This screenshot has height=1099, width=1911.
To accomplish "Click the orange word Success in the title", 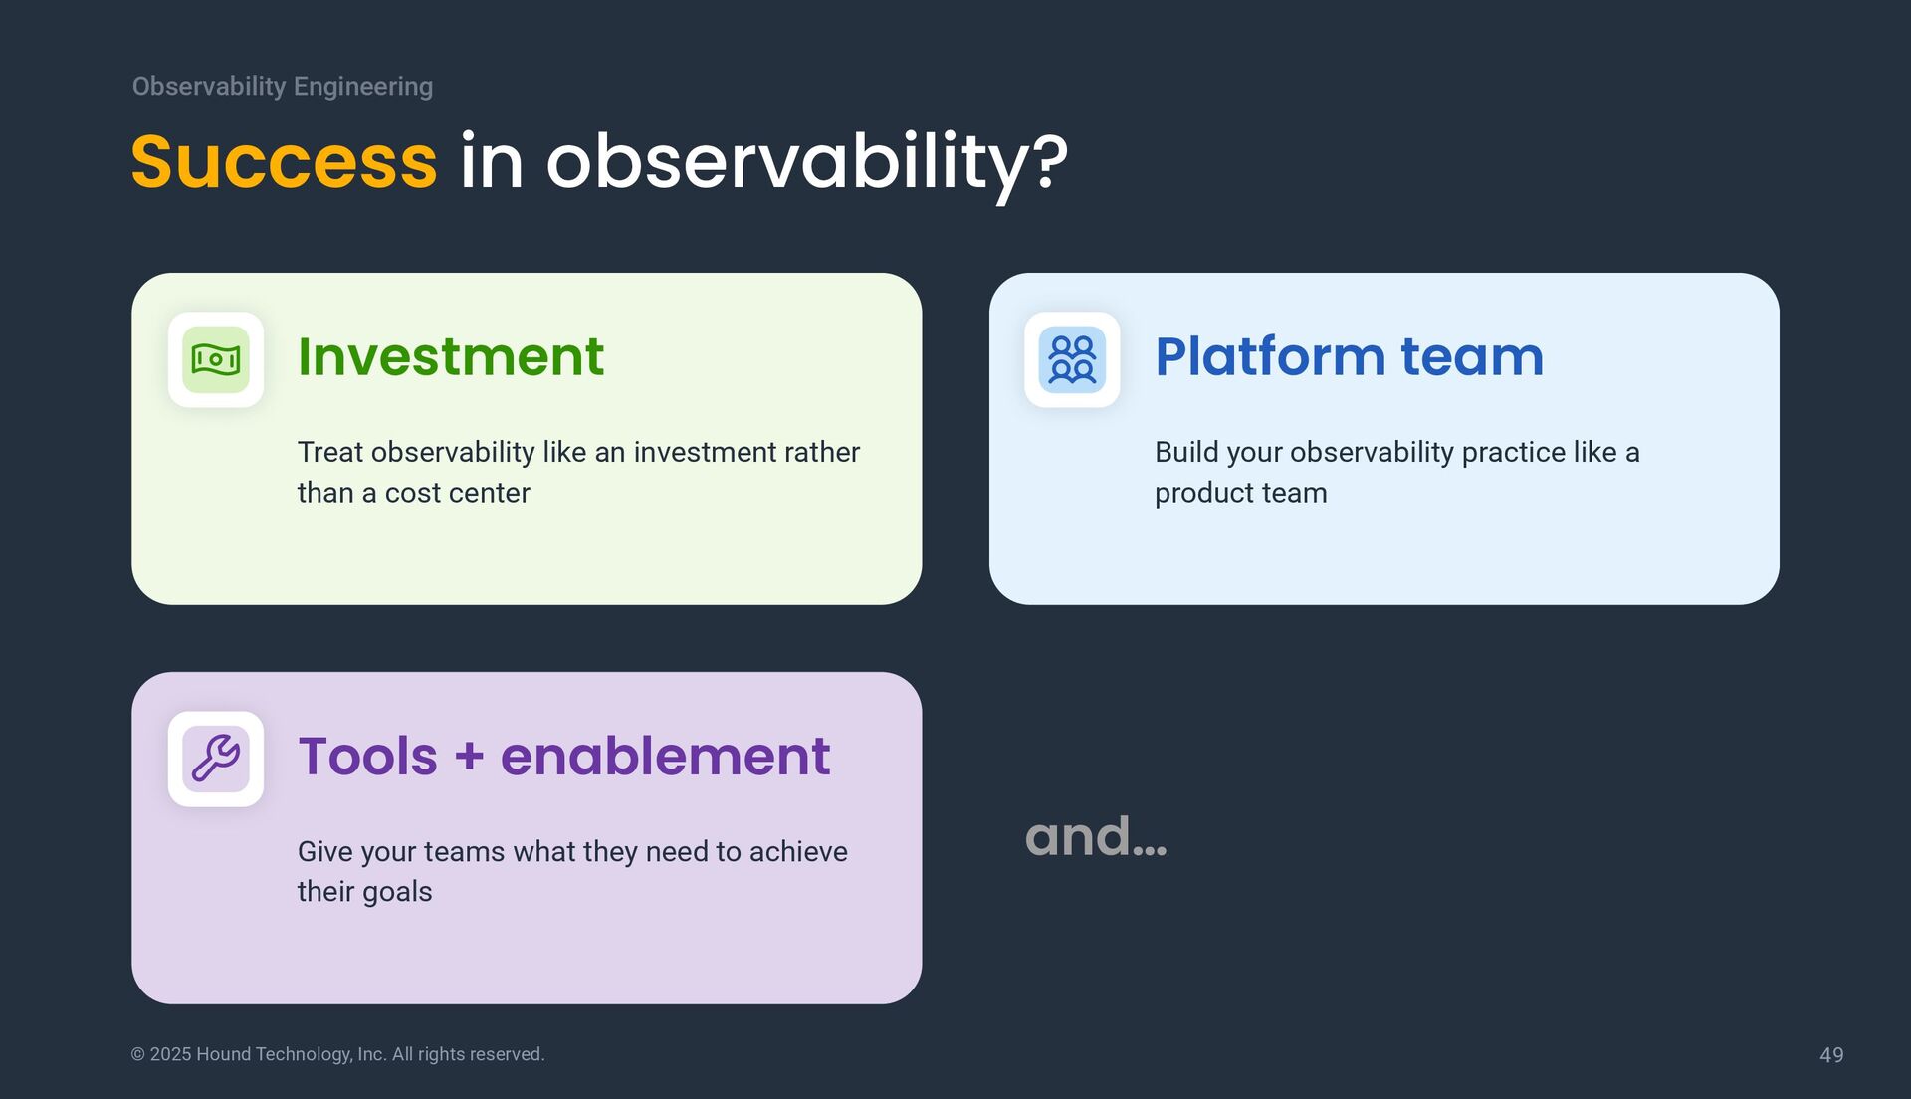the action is pos(284,162).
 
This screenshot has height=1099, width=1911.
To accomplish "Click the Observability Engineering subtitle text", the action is pos(283,87).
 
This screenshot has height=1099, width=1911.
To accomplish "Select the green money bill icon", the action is pos(216,359).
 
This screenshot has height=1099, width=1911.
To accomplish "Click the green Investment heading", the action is pos(451,356).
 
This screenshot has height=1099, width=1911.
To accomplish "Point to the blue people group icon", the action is pos(1072,359).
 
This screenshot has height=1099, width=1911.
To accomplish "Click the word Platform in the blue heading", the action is pos(1269,356).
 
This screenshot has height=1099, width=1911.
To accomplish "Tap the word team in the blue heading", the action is pos(1472,356).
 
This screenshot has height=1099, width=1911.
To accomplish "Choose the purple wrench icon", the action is pos(216,759).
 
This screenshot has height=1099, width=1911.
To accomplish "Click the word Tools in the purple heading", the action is pos(367,756).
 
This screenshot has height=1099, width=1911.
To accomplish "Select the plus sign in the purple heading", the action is pos(469,757).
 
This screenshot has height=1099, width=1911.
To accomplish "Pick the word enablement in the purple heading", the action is pos(665,756).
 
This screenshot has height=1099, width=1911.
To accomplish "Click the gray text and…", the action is pos(1095,836).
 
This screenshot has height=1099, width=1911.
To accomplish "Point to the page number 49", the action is pos(1831,1055).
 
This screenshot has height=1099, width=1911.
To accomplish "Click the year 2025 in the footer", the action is pos(170,1054).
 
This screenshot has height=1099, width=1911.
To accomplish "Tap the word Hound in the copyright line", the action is pos(223,1054).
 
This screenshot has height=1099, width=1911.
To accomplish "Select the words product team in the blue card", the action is pos(1240,493).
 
